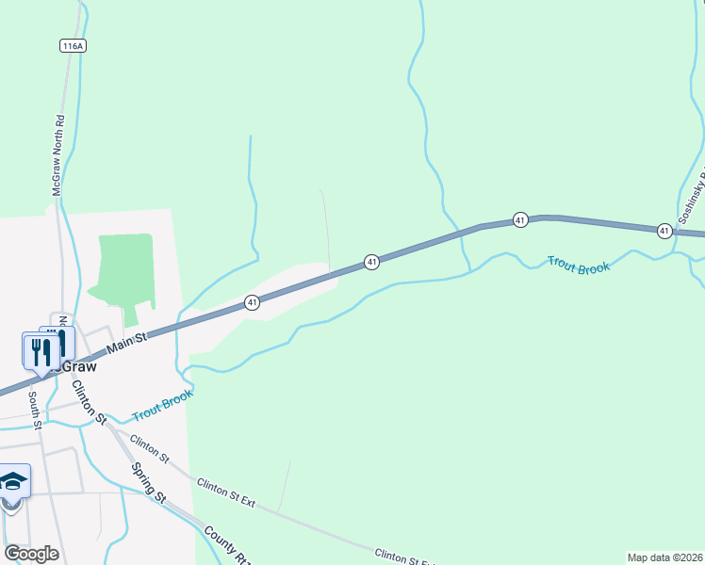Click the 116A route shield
coord(72,45)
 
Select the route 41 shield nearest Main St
coord(252,302)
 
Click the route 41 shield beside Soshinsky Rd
coord(664,231)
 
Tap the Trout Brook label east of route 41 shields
coord(579,266)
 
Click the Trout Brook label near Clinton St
coord(162,406)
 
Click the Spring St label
coord(149,483)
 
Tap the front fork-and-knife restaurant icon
coord(38,352)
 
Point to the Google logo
coord(31,554)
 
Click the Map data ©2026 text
coord(665,557)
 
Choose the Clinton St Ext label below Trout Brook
coord(226,492)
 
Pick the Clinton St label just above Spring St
coord(149,448)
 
